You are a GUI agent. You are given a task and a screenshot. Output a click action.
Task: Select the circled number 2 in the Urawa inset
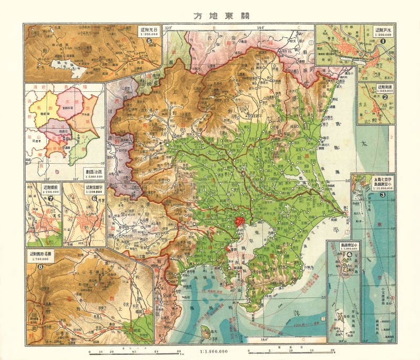point(385,96)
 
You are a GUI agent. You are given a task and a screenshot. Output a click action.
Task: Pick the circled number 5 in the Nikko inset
point(149,40)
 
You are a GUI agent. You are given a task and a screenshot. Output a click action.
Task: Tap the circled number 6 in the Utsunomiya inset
point(95,198)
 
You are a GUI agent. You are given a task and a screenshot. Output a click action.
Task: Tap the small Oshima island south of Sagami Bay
point(206,331)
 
